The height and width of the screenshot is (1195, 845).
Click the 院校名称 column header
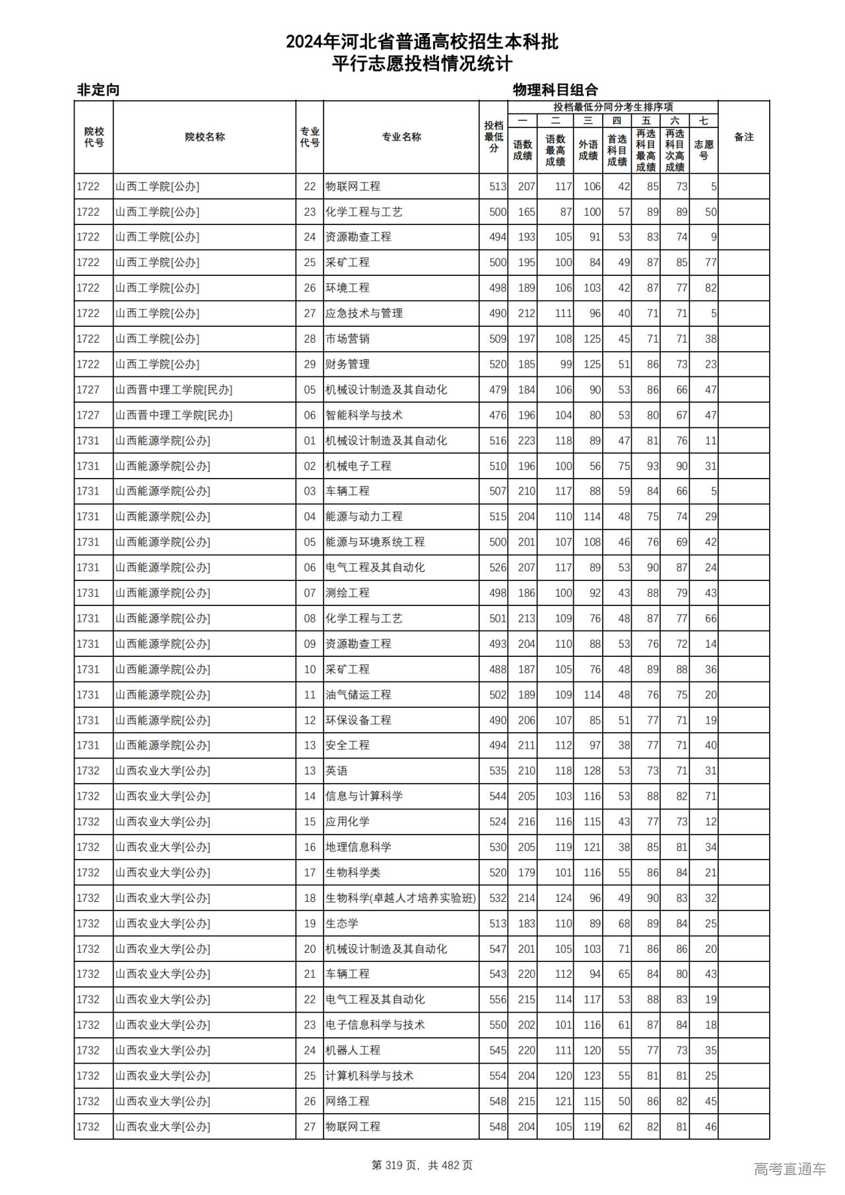(205, 137)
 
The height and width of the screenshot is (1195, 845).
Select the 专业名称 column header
(401, 137)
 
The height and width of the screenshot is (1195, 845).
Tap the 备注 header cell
(743, 137)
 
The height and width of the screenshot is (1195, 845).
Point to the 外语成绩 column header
(588, 150)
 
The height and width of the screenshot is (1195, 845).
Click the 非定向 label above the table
(98, 90)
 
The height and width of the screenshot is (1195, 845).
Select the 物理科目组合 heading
(555, 90)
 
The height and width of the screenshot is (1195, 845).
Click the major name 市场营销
(347, 339)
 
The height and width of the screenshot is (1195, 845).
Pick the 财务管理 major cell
(347, 364)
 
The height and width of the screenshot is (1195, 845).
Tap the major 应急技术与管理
(364, 314)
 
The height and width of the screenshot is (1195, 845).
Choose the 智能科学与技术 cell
(364, 415)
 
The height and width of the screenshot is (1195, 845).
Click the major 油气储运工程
(358, 695)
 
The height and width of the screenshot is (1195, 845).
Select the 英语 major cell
(337, 770)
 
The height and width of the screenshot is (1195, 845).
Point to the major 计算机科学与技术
(370, 1075)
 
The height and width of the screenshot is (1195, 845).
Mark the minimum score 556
(498, 1000)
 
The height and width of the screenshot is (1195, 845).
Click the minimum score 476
(498, 415)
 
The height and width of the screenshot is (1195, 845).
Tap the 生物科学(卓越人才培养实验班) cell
(401, 898)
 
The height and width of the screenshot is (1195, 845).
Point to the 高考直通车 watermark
(790, 1169)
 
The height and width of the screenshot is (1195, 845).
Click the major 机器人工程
(353, 1050)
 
